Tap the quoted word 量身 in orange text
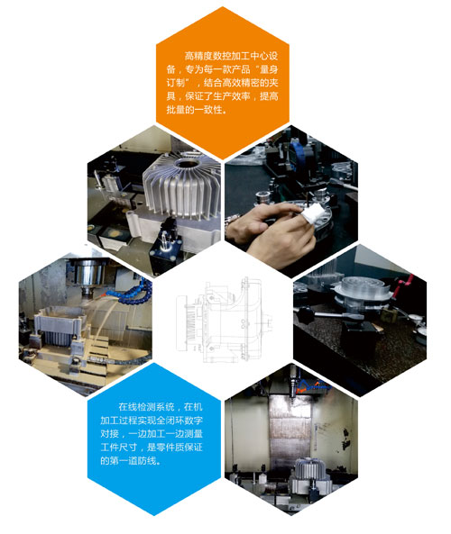269,69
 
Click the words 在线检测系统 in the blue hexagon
147,407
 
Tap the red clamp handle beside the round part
403,285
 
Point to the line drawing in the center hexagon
224,320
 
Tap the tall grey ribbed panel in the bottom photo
290,430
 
